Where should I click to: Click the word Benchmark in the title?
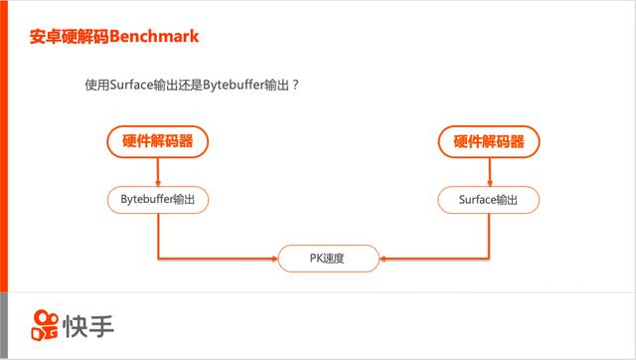(x=155, y=37)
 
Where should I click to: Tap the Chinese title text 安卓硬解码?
(x=71, y=37)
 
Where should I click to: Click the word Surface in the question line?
(x=131, y=86)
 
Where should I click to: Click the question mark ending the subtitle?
(x=296, y=86)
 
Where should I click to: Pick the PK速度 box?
(x=328, y=259)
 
